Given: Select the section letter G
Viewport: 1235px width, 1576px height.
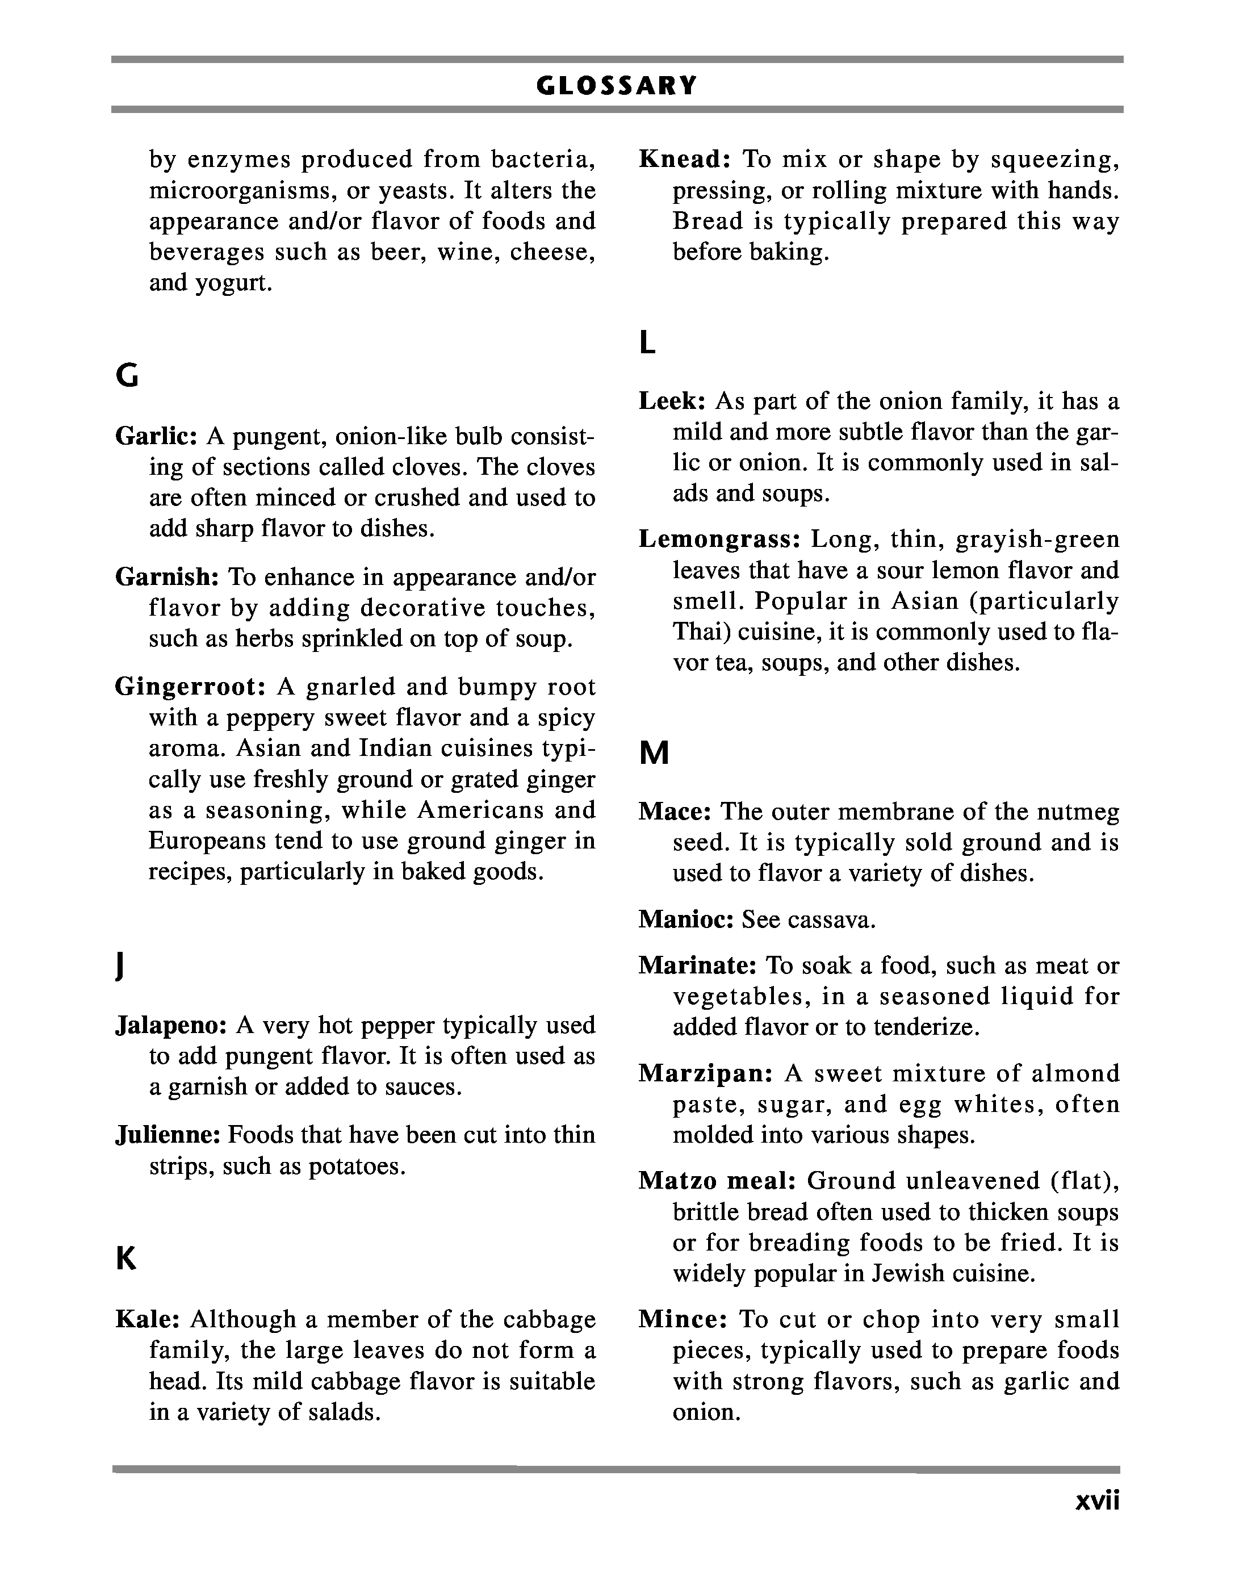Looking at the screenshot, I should pos(127,377).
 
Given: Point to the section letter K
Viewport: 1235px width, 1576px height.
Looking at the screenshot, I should pos(126,1259).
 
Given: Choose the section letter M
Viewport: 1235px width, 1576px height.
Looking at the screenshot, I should pos(654,754).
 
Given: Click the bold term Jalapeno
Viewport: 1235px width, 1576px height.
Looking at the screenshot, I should pos(171,1025).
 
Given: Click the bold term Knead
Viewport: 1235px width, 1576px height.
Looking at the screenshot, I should pos(685,159).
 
